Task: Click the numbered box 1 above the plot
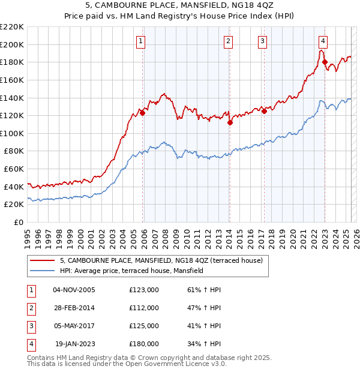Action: point(140,41)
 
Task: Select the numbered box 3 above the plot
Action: point(263,41)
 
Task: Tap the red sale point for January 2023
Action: point(325,62)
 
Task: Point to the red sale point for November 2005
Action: point(143,112)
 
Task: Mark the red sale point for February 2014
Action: point(230,122)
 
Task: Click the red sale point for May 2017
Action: point(264,110)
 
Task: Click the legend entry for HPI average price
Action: point(132,271)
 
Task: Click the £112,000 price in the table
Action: point(144,308)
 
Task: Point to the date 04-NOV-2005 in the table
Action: point(74,290)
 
